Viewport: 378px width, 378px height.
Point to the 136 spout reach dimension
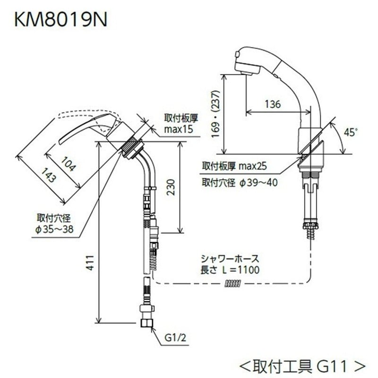(273, 104)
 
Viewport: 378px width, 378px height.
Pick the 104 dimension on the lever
(63, 163)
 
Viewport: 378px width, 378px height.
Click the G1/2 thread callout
(175, 338)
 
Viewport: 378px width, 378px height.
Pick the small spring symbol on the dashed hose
(233, 283)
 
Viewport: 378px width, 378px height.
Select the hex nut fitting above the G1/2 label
(147, 323)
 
